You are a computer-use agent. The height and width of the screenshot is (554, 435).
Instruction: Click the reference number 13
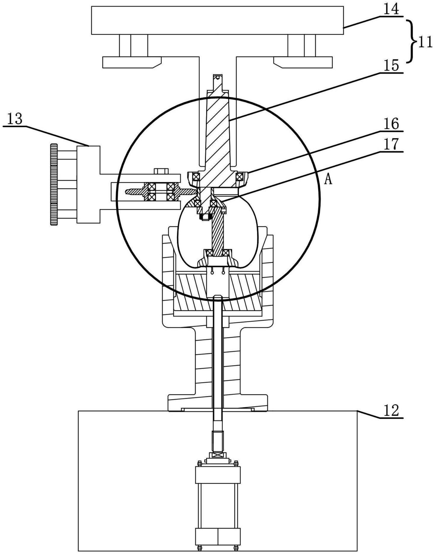pyautogui.click(x=15, y=119)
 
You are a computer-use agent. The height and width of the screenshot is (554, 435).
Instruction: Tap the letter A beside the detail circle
pyautogui.click(x=329, y=180)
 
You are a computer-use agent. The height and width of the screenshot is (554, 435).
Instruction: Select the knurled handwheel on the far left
pyautogui.click(x=54, y=184)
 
